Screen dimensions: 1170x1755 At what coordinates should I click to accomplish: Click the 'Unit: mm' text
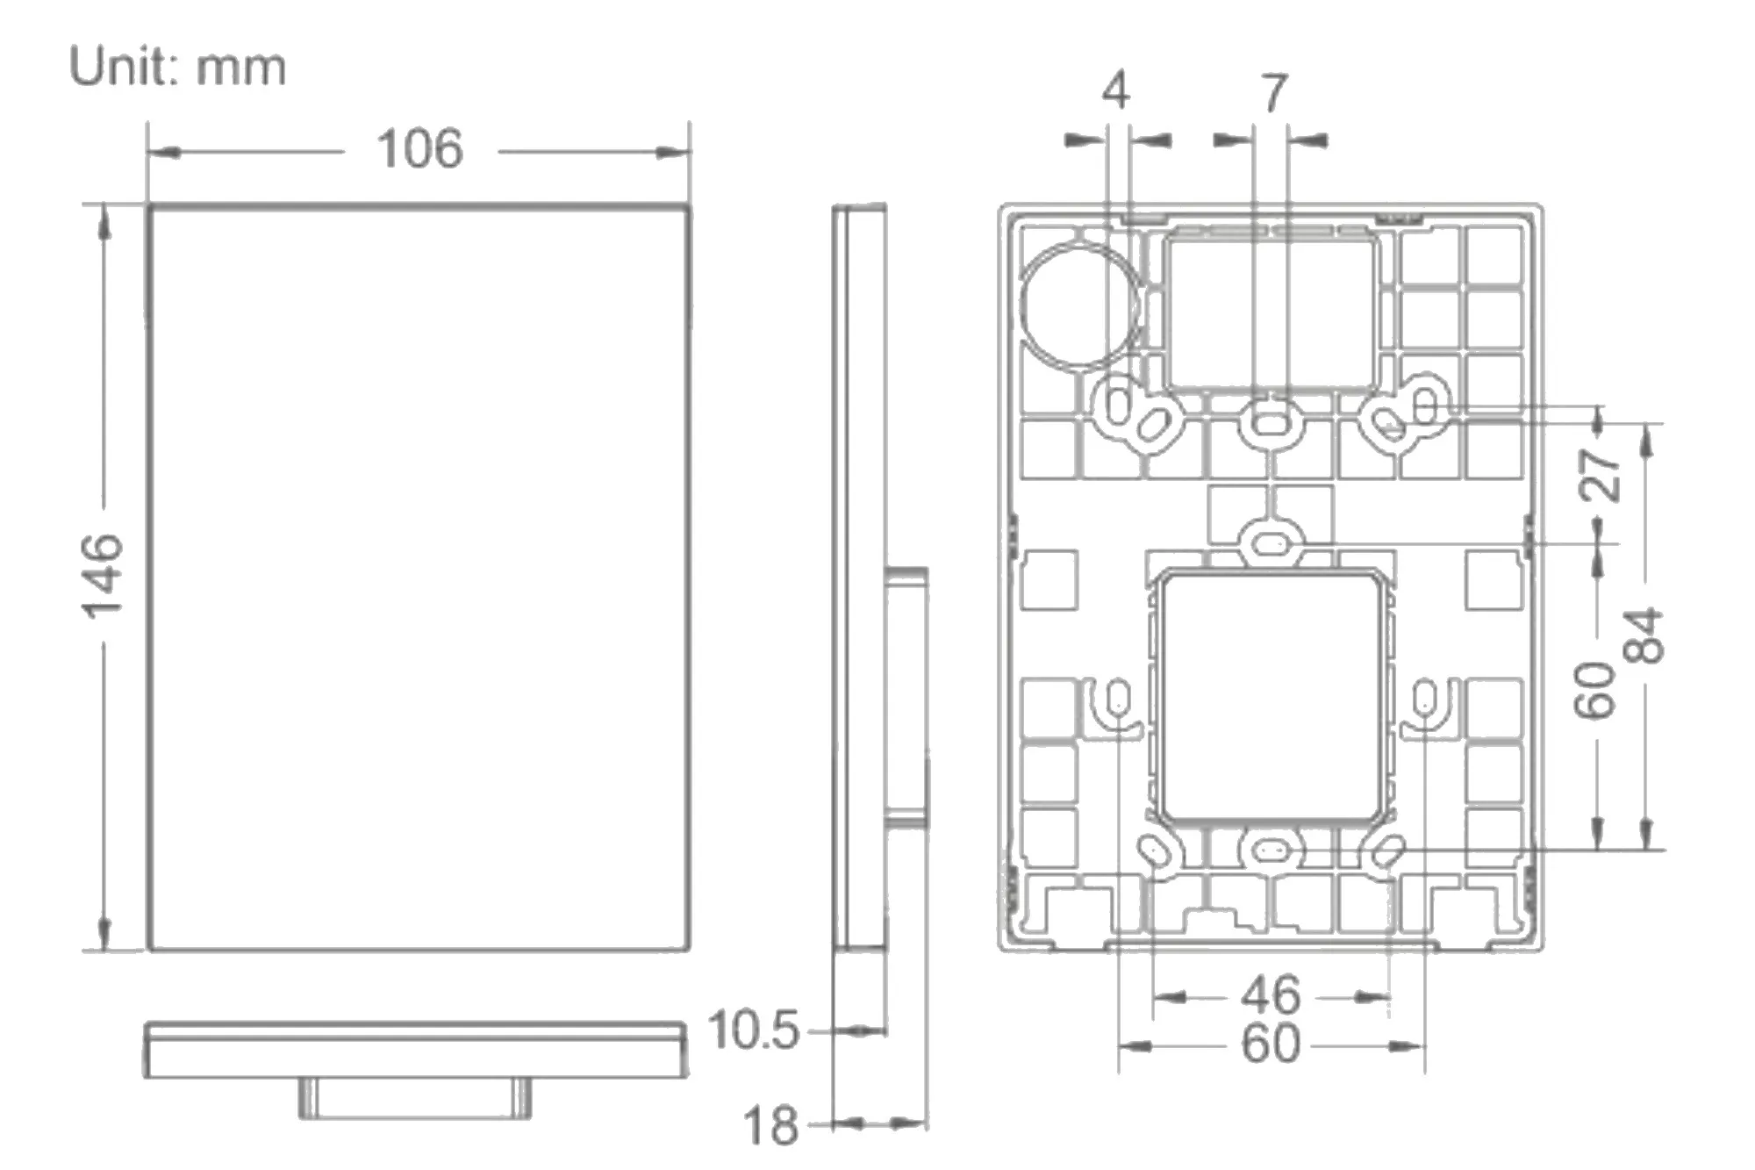click(x=177, y=68)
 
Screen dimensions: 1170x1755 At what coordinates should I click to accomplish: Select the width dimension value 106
click(x=419, y=149)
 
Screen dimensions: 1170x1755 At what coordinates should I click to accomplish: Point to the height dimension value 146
click(x=103, y=575)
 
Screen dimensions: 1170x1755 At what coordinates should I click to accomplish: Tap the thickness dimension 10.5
click(x=753, y=1030)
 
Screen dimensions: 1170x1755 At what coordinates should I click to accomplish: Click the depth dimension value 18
click(x=770, y=1125)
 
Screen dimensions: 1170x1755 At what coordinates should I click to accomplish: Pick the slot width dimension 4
click(x=1115, y=90)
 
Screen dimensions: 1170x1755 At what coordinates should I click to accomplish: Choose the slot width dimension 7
click(x=1274, y=92)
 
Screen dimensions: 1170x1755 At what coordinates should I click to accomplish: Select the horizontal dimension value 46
click(x=1270, y=994)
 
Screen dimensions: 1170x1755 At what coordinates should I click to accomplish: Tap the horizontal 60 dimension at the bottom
click(x=1270, y=1044)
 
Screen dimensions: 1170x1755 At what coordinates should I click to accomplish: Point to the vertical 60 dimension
click(x=1594, y=691)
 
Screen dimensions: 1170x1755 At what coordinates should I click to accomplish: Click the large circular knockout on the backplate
click(x=1080, y=304)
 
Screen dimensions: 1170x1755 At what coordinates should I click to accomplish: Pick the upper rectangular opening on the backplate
click(x=1270, y=312)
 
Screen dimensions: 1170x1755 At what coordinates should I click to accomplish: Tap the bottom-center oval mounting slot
click(x=1270, y=850)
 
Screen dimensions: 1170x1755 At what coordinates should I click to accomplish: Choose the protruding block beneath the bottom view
click(x=415, y=1097)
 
